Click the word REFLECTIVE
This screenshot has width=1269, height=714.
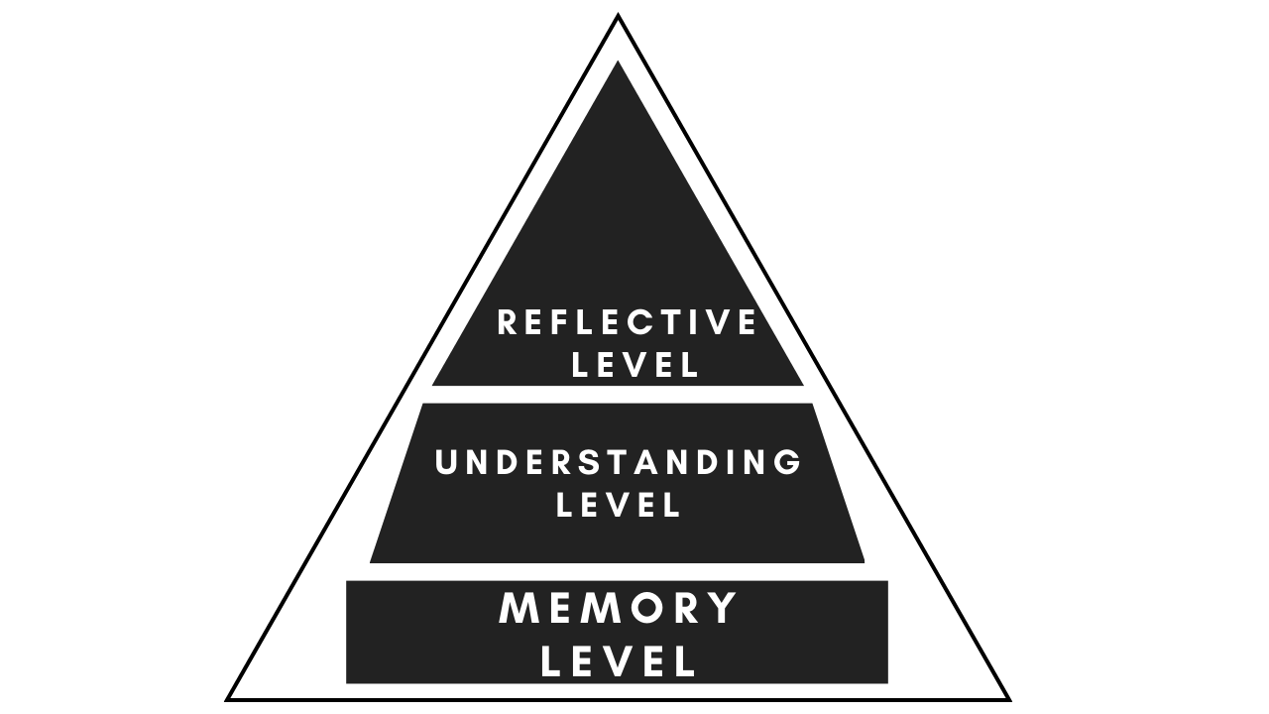tap(627, 322)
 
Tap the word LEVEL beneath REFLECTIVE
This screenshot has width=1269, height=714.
tap(636, 364)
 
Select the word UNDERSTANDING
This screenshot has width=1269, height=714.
tap(619, 463)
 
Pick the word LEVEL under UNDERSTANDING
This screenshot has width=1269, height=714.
tap(620, 505)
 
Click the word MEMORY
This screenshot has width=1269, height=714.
tap(619, 608)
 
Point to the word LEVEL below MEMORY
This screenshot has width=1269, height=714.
tap(619, 662)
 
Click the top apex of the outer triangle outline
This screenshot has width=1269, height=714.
tap(618, 17)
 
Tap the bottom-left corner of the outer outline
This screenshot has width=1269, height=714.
tap(229, 698)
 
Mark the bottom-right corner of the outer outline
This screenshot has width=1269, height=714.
tap(1007, 698)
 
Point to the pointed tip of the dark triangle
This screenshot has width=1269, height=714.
tap(618, 64)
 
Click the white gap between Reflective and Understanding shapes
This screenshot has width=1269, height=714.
tap(618, 394)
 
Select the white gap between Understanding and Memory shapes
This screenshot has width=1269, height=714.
tap(618, 571)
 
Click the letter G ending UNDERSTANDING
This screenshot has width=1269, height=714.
tap(788, 463)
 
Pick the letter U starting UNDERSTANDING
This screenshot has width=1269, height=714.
tap(447, 463)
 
